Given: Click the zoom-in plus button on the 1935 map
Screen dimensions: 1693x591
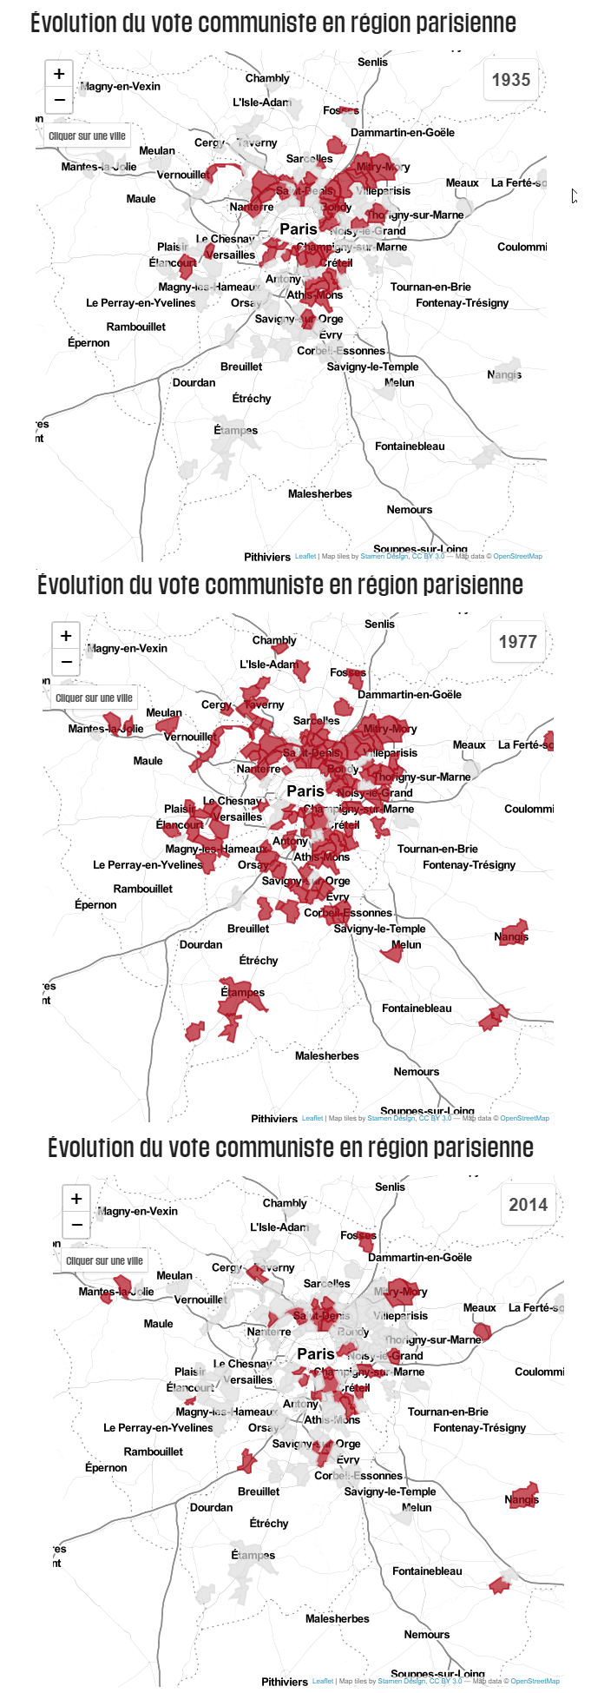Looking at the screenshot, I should pyautogui.click(x=59, y=74).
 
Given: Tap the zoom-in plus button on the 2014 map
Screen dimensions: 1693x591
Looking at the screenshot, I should pyautogui.click(x=76, y=1199).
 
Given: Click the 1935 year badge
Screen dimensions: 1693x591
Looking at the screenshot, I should pyautogui.click(x=510, y=80).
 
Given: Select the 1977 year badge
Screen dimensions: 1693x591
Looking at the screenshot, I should pyautogui.click(x=517, y=642).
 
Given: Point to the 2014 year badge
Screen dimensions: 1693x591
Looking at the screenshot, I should pyautogui.click(x=528, y=1205).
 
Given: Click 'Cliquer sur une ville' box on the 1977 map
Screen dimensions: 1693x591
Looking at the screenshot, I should pyautogui.click(x=94, y=698).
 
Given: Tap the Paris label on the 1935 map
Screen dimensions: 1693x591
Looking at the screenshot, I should pyautogui.click(x=298, y=229).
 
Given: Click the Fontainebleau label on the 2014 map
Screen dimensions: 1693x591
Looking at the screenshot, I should pyautogui.click(x=427, y=1571).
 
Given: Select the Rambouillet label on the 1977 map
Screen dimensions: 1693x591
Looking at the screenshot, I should pyautogui.click(x=142, y=889).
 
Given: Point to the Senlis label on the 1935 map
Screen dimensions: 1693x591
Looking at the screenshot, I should pyautogui.click(x=372, y=62).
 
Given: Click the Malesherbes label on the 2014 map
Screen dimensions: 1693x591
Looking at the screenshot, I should pyautogui.click(x=337, y=1618).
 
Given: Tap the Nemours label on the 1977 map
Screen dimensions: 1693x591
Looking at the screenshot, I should pyautogui.click(x=416, y=1071).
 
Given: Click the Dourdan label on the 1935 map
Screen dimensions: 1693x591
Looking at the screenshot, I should pyautogui.click(x=194, y=382).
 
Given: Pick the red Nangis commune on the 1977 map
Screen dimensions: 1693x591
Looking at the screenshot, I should pyautogui.click(x=514, y=932).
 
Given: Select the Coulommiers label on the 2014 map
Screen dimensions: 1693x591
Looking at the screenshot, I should pyautogui.click(x=538, y=1372).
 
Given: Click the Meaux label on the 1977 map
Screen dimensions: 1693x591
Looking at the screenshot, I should pyautogui.click(x=469, y=744).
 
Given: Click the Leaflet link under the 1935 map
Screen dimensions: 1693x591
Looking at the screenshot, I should pyautogui.click(x=305, y=556).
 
